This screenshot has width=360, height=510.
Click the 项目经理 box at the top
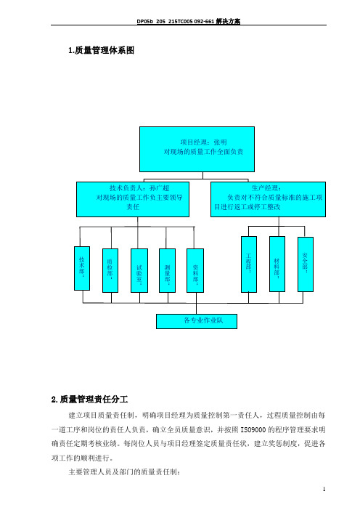coord(197,149)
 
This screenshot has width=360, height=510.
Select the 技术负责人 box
coord(133,199)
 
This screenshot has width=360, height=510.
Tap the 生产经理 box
coord(268,199)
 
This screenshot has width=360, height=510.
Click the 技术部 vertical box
coord(82,268)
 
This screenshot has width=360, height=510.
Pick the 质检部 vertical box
coord(110,270)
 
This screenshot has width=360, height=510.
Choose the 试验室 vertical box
coord(139,270)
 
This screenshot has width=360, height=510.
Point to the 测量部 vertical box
coord(168,270)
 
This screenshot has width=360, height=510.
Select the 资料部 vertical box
coord(195,270)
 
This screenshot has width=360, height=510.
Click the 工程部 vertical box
coord(249,264)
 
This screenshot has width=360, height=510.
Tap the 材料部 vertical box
coord(277,264)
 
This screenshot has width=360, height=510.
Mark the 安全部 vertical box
coord(306,264)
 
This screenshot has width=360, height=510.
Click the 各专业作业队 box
coord(197,321)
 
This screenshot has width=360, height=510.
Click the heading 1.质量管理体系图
coord(101,50)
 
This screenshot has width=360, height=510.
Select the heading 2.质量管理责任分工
coord(89,399)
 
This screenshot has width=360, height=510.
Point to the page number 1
coord(324,489)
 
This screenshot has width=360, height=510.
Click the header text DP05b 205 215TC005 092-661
coord(176,22)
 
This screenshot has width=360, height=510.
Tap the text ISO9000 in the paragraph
coord(253,429)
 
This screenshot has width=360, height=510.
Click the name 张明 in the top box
coord(221,142)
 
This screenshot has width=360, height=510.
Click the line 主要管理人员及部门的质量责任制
coord(123,472)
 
